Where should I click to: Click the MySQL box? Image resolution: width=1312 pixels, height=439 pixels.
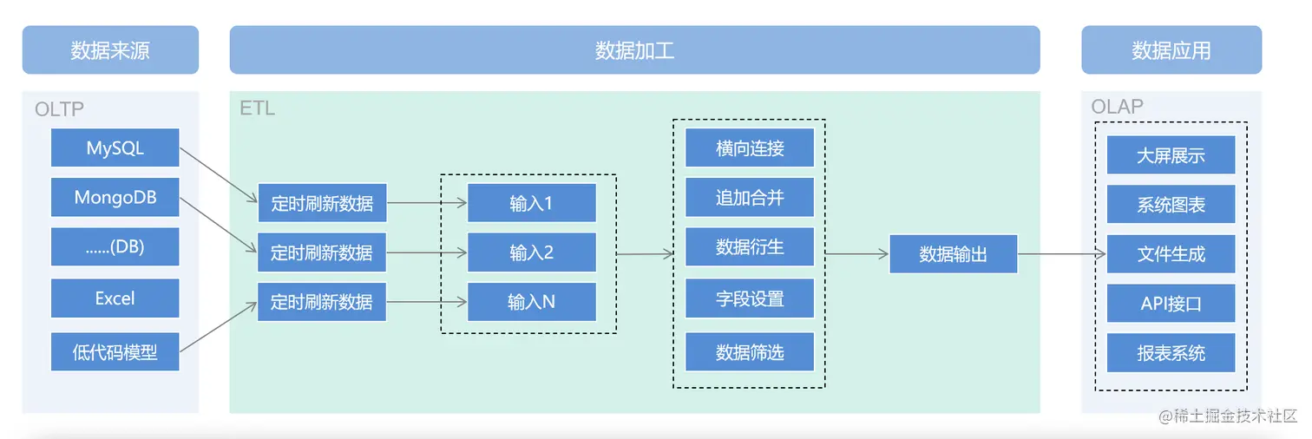tap(115, 148)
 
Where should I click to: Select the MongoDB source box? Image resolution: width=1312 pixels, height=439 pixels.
tap(115, 198)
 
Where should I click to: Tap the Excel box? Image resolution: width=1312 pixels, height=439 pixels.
tap(115, 298)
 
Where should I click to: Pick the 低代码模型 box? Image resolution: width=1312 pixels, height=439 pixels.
tap(115, 352)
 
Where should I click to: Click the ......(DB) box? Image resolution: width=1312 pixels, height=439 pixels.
tap(115, 247)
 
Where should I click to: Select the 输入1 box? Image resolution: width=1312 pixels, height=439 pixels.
tap(531, 204)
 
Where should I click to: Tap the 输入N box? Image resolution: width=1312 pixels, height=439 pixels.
tap(531, 302)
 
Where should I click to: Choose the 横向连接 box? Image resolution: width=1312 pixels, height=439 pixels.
tap(749, 148)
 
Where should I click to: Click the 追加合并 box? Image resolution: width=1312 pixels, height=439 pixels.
tap(749, 198)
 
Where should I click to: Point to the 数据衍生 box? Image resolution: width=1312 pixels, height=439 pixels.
tap(749, 247)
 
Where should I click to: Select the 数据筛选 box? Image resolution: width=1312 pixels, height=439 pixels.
tap(749, 352)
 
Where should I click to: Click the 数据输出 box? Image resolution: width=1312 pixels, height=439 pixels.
tap(953, 254)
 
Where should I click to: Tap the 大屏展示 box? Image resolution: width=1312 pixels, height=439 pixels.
tap(1171, 156)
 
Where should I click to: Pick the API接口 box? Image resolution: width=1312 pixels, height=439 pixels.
tap(1171, 304)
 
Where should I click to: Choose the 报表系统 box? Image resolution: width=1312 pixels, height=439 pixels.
tap(1171, 353)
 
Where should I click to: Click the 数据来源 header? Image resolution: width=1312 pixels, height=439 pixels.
tap(110, 50)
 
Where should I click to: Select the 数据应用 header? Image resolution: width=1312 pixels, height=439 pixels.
tap(1171, 50)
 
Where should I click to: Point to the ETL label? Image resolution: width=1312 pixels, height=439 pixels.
tap(257, 108)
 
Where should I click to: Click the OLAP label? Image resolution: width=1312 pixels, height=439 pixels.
tap(1117, 107)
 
